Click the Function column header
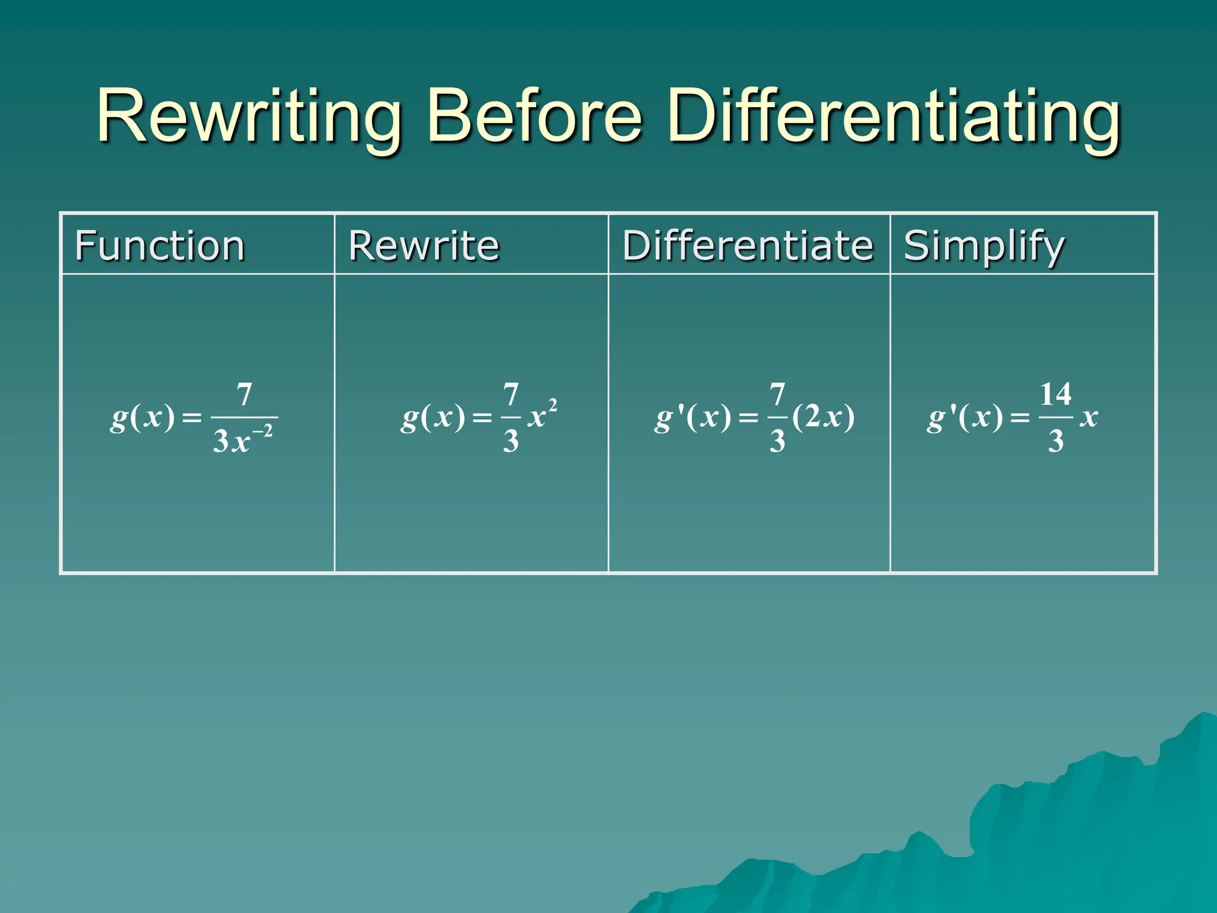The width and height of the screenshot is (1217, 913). click(160, 245)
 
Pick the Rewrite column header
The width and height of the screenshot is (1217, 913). click(424, 245)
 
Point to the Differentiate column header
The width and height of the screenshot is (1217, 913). click(748, 245)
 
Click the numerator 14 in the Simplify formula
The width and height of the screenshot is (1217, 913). click(1055, 394)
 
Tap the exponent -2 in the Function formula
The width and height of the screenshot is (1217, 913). click(263, 431)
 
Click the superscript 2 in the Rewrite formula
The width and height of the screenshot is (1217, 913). click(553, 405)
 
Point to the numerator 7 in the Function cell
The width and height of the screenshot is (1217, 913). click(244, 395)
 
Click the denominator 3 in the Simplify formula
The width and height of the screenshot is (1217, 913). click(1055, 441)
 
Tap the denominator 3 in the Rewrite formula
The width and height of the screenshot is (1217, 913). click(511, 441)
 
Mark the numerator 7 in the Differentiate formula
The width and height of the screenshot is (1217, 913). click(777, 394)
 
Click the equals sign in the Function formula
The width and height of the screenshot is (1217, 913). click(192, 418)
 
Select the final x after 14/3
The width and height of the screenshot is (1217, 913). click(1089, 417)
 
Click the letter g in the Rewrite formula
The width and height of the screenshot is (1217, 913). click(409, 418)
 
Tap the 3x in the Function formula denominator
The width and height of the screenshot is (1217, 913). click(231, 442)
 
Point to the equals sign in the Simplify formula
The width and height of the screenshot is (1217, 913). click(1020, 418)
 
